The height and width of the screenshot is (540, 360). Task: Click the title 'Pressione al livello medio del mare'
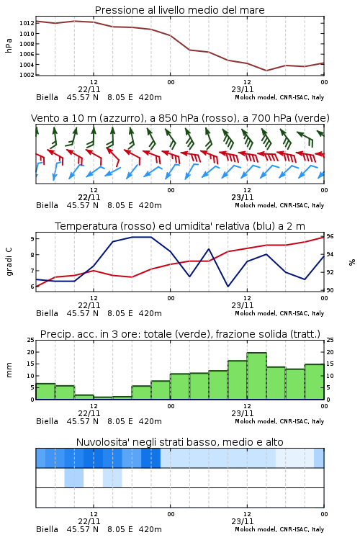point(179,10)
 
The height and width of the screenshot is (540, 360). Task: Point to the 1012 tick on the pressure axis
point(27,23)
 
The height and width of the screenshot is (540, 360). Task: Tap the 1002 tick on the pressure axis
point(27,75)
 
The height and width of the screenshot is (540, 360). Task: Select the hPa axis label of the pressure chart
point(9,45)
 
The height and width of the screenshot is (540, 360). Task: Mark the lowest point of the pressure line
point(266,71)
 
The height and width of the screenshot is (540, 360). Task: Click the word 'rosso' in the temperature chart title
point(138,226)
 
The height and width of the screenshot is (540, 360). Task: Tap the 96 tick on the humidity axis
point(330,236)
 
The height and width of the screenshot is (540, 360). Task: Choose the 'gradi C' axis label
point(9,261)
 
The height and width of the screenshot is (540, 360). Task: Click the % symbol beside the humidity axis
point(352,262)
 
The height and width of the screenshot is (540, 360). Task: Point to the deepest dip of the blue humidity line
point(228,286)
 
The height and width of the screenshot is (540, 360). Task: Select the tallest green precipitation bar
point(256,376)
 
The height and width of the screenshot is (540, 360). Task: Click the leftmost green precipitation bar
point(45,392)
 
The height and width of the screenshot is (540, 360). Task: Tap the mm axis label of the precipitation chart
point(9,370)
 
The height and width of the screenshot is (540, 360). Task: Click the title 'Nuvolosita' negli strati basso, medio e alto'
point(179,442)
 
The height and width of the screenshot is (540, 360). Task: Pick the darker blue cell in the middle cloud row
point(74,477)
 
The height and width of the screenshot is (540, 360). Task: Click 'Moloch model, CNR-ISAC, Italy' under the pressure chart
point(279,97)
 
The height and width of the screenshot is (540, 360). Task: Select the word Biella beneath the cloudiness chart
point(48,529)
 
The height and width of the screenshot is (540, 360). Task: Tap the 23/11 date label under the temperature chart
point(243,305)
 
